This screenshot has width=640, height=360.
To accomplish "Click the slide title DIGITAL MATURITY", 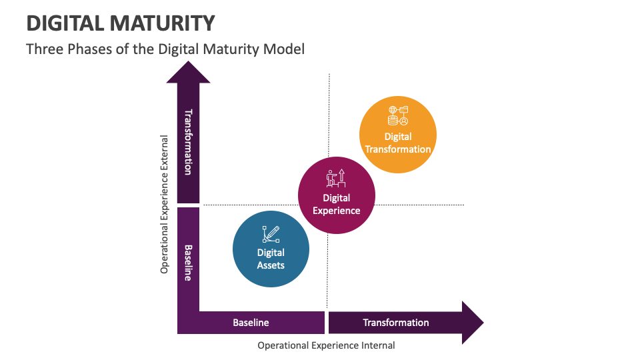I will pyautogui.click(x=121, y=23).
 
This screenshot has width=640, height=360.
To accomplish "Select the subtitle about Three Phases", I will pyautogui.click(x=165, y=49).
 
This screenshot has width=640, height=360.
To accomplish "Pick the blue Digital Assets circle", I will pyautogui.click(x=271, y=249).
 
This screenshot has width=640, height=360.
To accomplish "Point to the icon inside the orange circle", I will pyautogui.click(x=398, y=116).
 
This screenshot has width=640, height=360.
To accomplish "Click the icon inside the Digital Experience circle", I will pyautogui.click(x=336, y=178).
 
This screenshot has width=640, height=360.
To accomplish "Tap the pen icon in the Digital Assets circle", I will pyautogui.click(x=271, y=234).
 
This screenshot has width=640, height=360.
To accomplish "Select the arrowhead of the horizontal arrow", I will pyautogui.click(x=472, y=323).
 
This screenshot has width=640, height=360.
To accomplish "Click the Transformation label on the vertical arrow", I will pyautogui.click(x=188, y=142).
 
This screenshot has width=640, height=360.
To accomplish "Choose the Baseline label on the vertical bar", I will pyautogui.click(x=188, y=263).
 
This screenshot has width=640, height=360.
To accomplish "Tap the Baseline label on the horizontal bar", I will pyautogui.click(x=251, y=323).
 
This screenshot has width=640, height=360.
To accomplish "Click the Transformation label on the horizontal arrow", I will pyautogui.click(x=395, y=323).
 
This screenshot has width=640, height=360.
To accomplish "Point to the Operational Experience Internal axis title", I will pyautogui.click(x=326, y=345).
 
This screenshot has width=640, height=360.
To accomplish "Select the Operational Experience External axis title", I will pyautogui.click(x=165, y=205).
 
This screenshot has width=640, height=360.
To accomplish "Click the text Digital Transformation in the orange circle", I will pyautogui.click(x=398, y=143).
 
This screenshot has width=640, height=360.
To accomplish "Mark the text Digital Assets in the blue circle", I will pyautogui.click(x=271, y=259).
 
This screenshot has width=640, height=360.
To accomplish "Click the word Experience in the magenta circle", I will pyautogui.click(x=337, y=211).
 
